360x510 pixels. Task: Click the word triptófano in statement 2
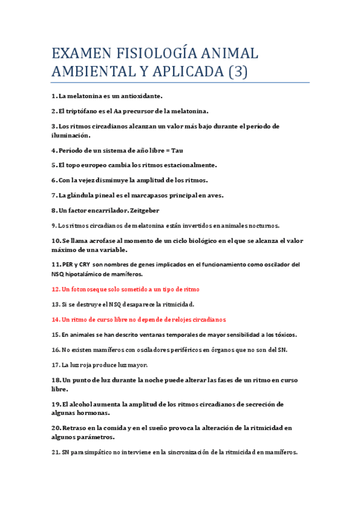(x=79, y=111)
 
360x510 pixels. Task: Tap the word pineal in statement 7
(x=112, y=195)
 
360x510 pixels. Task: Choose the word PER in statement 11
(x=58, y=265)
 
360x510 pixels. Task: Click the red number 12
(x=55, y=289)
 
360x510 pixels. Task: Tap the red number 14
(x=55, y=319)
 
